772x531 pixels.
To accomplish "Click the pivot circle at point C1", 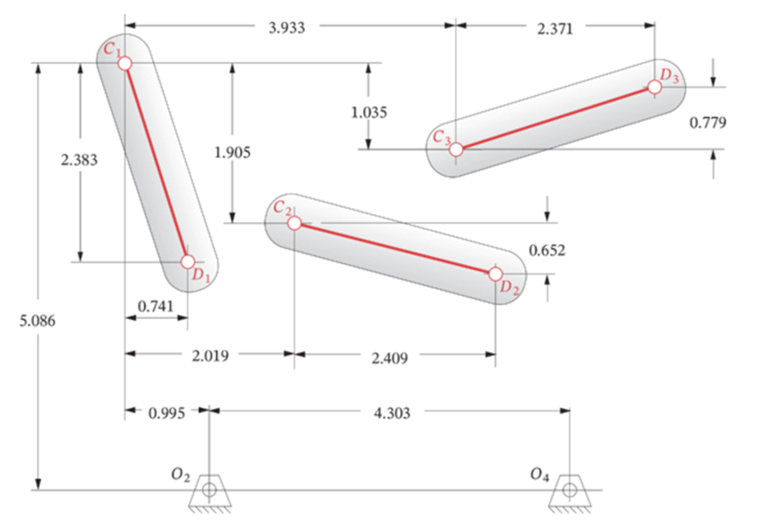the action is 125,64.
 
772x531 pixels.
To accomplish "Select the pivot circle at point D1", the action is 187,262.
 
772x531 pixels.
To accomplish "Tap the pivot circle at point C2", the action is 294,223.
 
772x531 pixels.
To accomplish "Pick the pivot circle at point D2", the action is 495,274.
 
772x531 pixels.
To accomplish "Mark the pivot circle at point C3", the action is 456,149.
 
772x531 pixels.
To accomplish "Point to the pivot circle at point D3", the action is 654,87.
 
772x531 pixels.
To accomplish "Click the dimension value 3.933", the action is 287,28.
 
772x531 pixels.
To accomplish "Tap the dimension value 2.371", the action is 555,29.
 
